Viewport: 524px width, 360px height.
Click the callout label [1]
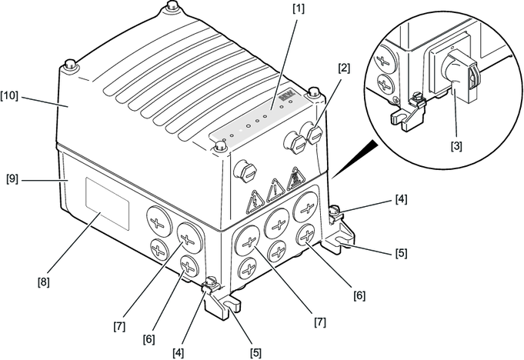coord(299,9)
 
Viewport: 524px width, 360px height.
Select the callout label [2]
coord(344,68)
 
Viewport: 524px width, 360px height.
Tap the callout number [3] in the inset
coord(456,146)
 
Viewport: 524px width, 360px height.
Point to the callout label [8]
coord(43,282)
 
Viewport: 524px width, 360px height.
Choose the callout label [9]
coord(12,178)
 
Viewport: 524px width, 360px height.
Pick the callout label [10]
coord(9,96)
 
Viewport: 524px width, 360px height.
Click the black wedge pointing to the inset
coord(357,157)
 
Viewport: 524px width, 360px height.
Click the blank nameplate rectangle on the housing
coord(107,204)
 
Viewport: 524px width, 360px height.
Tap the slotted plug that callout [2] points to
coord(314,134)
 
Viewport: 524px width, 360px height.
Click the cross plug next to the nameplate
coord(158,222)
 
